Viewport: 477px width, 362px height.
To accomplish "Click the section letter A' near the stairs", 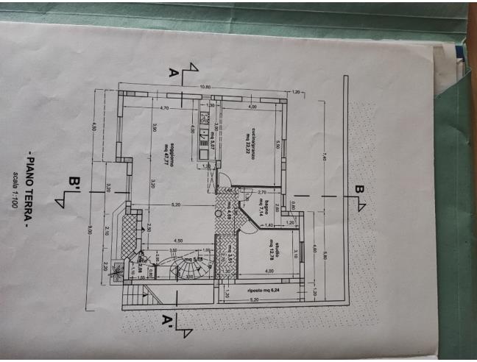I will point(168,321).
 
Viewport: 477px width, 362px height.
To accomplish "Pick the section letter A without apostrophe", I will point(174,72).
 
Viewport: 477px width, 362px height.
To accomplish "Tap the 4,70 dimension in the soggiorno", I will point(166,108).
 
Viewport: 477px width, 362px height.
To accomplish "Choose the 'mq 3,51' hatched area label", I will point(230,254).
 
